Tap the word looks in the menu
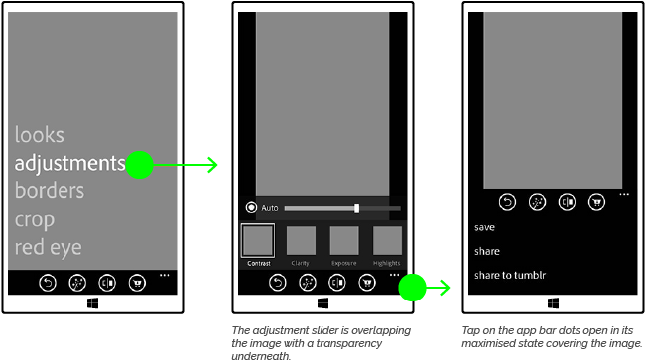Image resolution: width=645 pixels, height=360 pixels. coord(40,135)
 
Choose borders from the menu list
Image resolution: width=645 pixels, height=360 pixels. coord(50,190)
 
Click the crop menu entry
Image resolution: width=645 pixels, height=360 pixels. coord(35,219)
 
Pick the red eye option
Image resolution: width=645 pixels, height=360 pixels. coord(48,247)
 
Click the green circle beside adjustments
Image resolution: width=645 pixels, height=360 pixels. coord(140,165)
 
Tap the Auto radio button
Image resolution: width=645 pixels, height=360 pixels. coord(251,208)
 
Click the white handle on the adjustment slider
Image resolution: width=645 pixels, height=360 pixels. coord(356,208)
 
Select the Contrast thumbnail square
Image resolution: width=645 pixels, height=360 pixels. coord(258,241)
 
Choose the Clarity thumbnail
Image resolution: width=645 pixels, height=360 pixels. coord(301,241)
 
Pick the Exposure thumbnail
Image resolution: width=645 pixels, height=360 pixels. coord(343,241)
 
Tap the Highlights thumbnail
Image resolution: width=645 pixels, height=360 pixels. coord(386,241)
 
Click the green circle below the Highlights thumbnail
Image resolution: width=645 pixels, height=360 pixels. coord(412,289)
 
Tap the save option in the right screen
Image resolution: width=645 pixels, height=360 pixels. coord(485,227)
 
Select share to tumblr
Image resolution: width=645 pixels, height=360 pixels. coord(510,275)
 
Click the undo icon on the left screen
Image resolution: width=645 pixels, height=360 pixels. coord(48,284)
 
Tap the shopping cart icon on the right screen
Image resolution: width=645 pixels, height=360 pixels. coord(596,202)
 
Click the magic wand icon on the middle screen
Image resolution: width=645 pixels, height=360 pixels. coord(309,283)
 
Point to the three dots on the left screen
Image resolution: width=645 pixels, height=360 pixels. coord(164,274)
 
